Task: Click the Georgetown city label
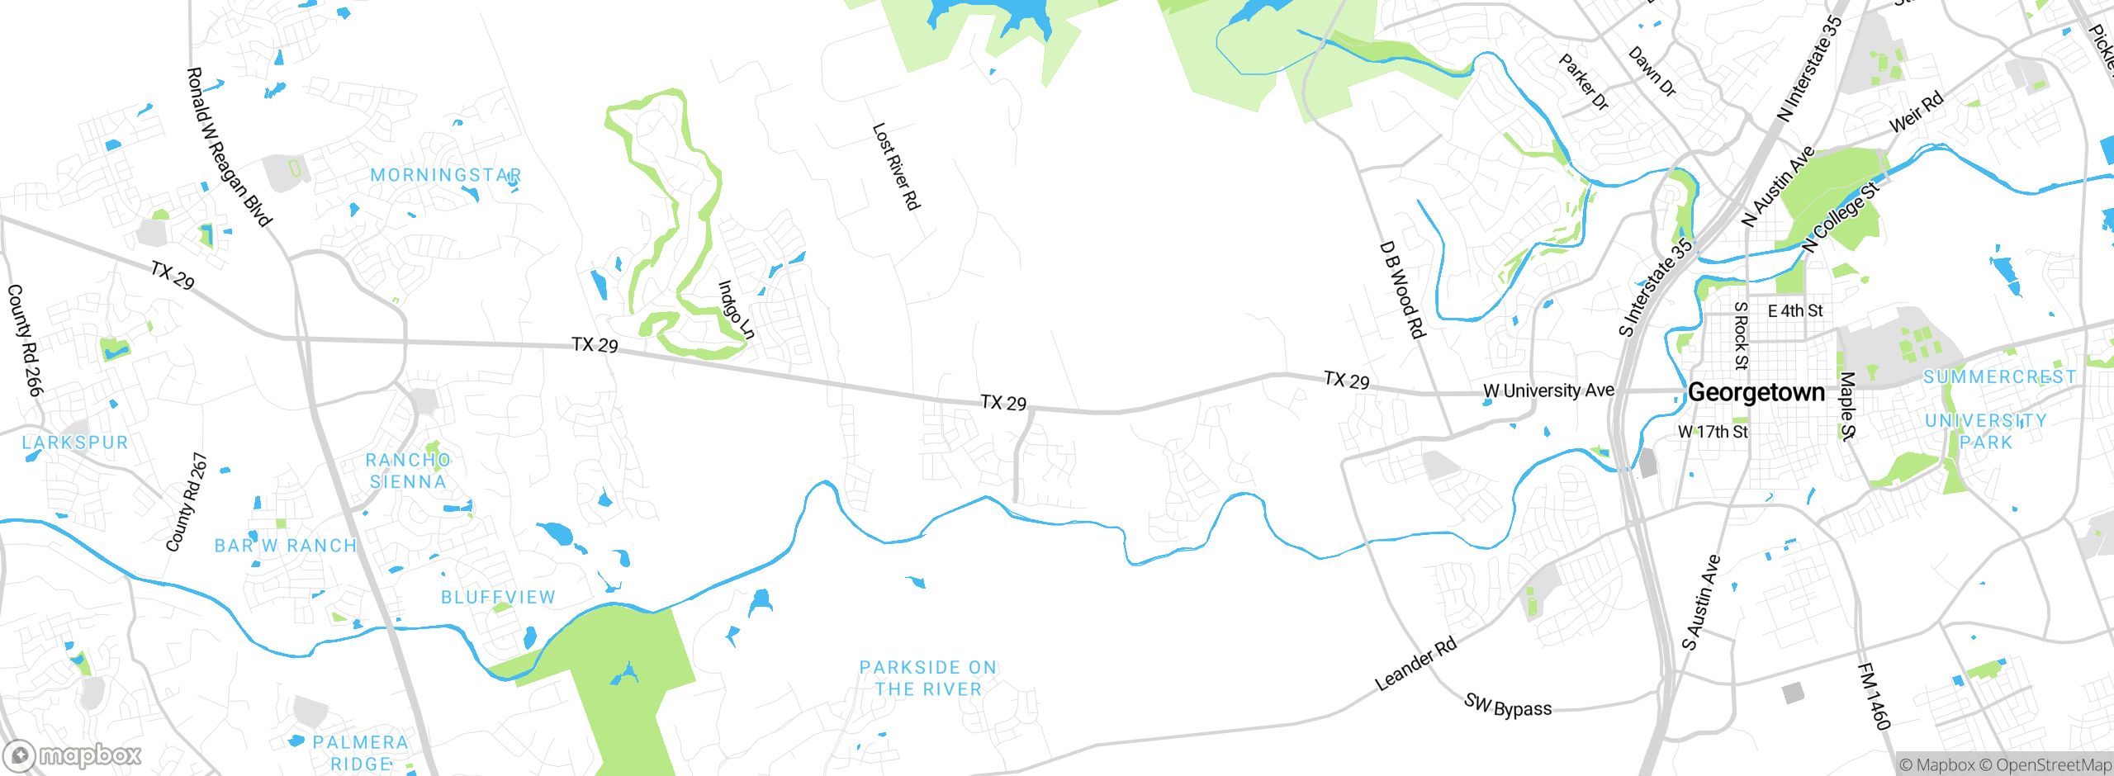(1756, 392)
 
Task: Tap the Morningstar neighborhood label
(446, 175)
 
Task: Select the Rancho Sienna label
(408, 471)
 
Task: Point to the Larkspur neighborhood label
(75, 442)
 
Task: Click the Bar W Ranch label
(286, 546)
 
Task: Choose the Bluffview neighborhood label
(498, 597)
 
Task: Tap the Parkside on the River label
(928, 678)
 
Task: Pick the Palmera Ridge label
(360, 753)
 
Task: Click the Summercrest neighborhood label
(1999, 377)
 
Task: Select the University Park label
(1986, 431)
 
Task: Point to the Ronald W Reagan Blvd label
(229, 147)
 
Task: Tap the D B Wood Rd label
(1402, 289)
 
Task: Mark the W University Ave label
(1548, 390)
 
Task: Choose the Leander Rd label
(1415, 665)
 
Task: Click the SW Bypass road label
(1508, 706)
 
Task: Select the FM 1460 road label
(1874, 696)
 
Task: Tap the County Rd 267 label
(187, 502)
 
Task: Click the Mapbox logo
(73, 755)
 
